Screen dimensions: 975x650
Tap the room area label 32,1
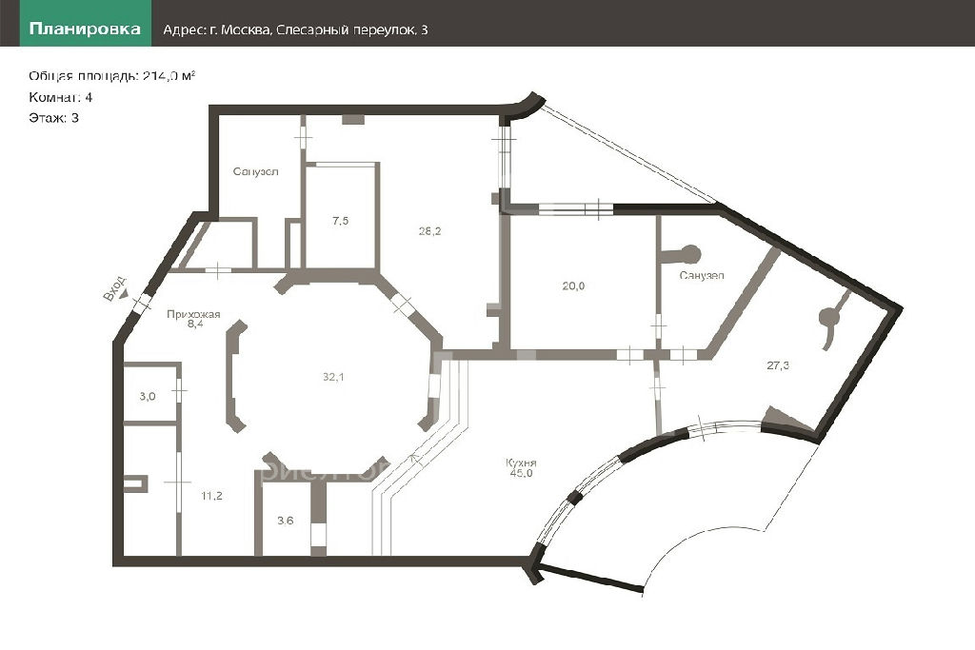333,377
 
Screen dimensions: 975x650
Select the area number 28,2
429,231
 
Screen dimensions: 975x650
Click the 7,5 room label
340,221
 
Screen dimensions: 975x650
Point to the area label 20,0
573,286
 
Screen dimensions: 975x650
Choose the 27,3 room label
778,365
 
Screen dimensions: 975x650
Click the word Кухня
521,463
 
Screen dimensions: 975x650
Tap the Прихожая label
193,314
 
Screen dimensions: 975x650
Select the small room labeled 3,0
148,397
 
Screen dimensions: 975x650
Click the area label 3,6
286,521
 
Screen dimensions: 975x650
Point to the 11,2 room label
211,496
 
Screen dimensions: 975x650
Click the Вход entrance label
114,289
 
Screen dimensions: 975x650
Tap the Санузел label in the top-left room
255,171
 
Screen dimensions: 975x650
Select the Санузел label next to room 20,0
702,275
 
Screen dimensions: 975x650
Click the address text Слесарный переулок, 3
352,30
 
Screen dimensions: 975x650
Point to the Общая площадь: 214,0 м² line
112,76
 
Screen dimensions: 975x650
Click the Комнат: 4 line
60,97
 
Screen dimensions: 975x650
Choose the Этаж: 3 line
53,117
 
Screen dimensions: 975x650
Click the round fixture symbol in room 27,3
829,318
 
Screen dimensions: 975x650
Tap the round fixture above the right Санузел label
690,253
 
